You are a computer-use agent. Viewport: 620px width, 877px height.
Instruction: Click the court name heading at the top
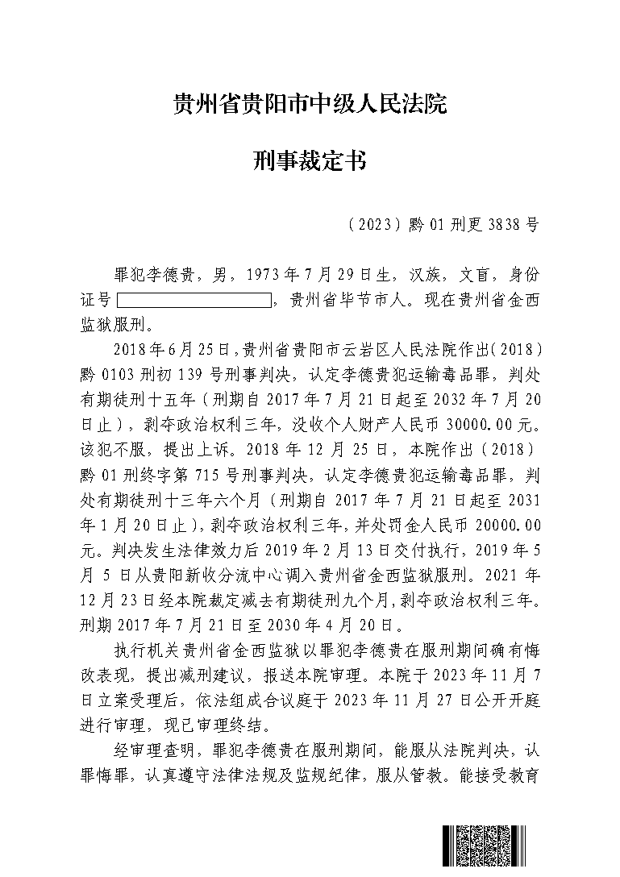click(x=310, y=104)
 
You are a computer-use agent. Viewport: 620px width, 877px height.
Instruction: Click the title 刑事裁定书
click(x=310, y=162)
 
